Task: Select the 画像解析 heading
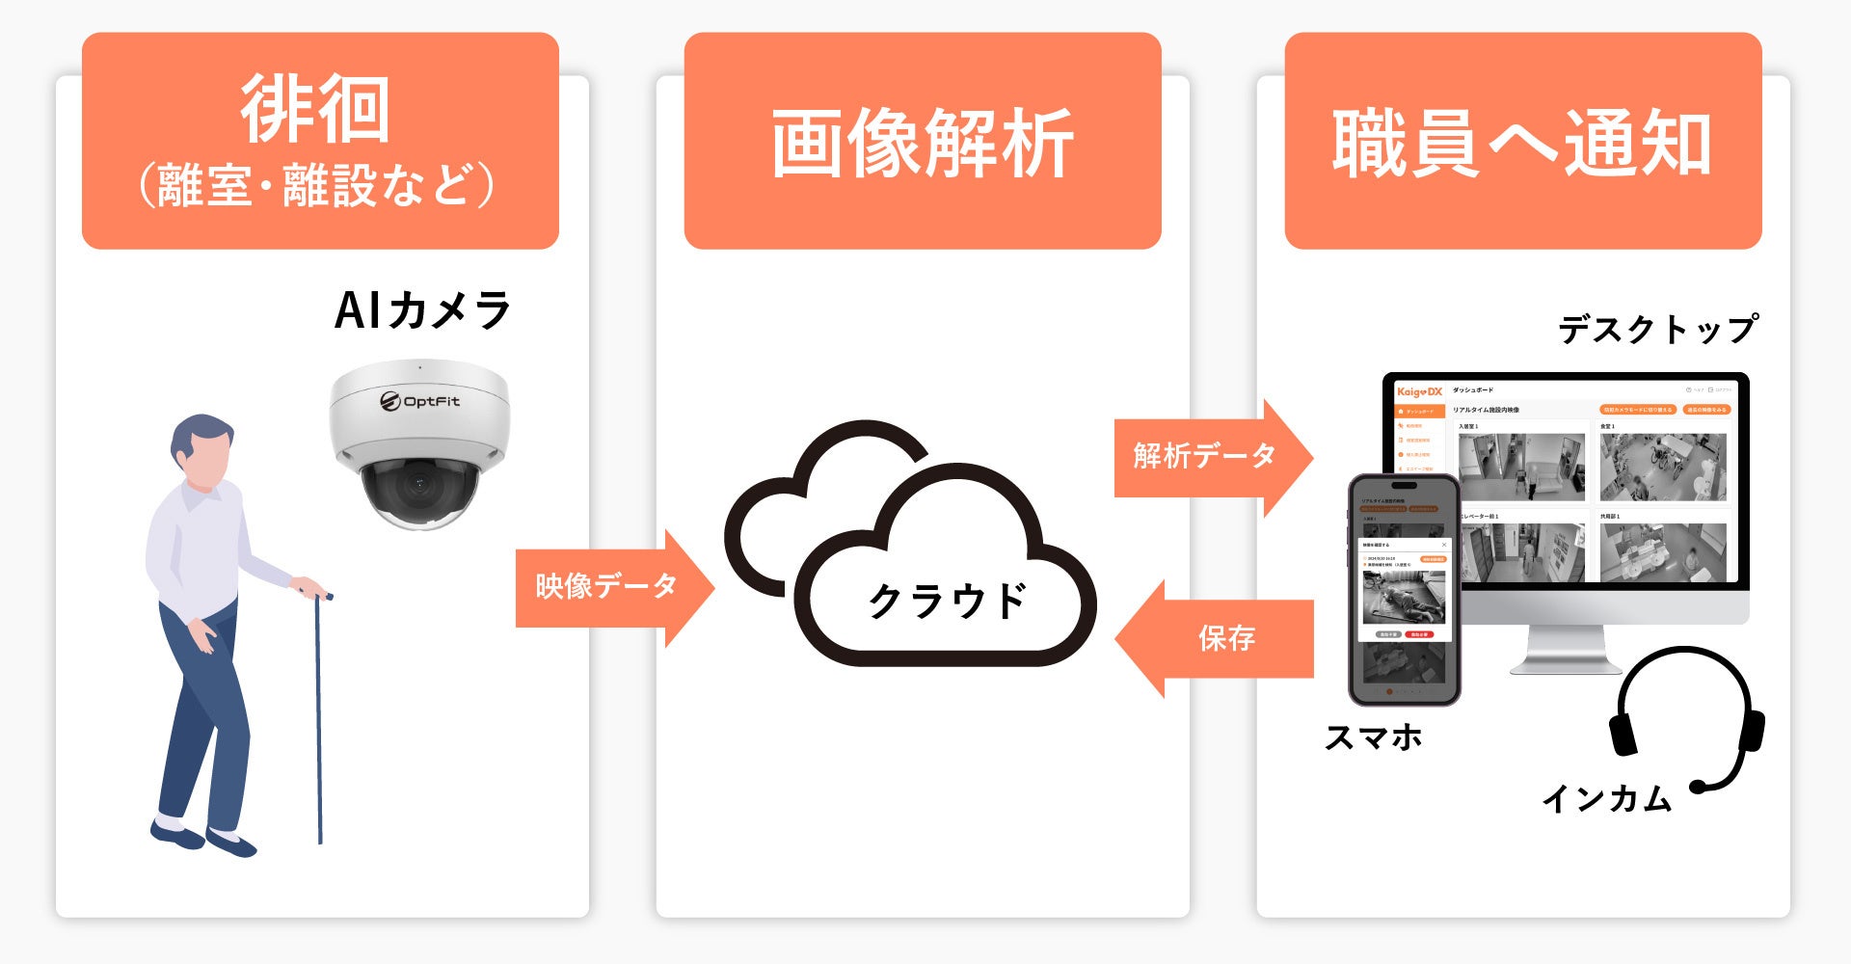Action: tap(922, 144)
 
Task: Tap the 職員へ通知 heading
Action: tap(1522, 144)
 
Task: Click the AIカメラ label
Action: tap(422, 310)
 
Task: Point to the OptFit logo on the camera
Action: tap(419, 401)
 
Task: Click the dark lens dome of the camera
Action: tap(418, 487)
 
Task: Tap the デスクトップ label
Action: tap(1657, 330)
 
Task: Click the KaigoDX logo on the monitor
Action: tap(1419, 390)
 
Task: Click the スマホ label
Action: tap(1373, 737)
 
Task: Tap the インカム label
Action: tap(1606, 798)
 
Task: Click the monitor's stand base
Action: tap(1566, 663)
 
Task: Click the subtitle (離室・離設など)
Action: tap(315, 185)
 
